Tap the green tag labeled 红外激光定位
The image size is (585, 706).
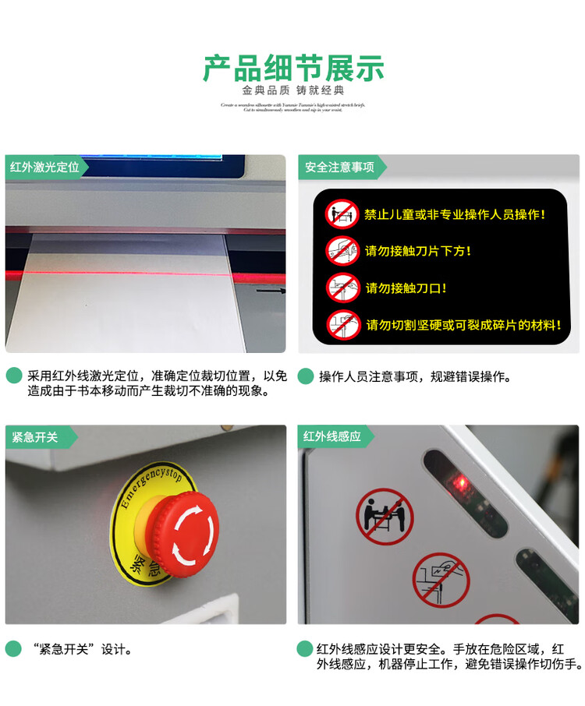point(44,167)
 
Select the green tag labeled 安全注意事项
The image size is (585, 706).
point(339,167)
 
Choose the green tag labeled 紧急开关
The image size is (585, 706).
point(35,437)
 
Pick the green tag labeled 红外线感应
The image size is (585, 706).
point(332,437)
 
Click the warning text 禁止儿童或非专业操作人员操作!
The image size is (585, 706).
point(455,214)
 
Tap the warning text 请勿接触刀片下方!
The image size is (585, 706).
point(418,251)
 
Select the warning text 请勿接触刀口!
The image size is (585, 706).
point(406,288)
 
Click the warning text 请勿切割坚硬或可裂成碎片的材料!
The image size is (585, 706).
point(463,325)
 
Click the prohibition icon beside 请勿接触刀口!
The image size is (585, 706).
point(343,288)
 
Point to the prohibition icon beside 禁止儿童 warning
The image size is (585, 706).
point(342,214)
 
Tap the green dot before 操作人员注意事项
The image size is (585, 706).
point(306,376)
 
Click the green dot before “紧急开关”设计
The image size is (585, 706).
point(13,648)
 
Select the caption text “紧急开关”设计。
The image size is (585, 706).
point(82,649)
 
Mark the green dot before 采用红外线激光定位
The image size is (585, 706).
point(13,376)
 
